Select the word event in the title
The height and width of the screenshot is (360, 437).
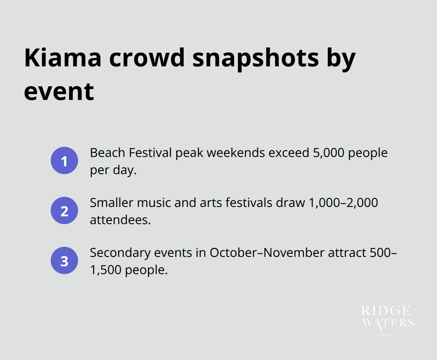click(x=59, y=91)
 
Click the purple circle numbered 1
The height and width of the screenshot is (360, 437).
click(x=64, y=161)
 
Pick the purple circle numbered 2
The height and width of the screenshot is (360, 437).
click(x=64, y=211)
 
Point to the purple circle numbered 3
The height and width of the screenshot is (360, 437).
click(x=64, y=261)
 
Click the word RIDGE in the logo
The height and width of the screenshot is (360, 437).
click(x=386, y=311)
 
